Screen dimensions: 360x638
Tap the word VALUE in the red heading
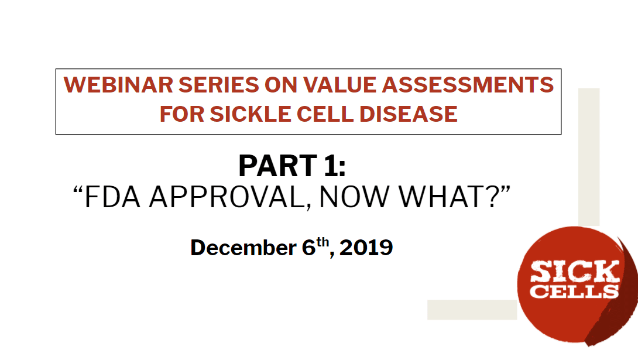(343, 85)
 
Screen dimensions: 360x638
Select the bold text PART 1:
(292, 166)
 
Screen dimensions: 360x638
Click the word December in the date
(243, 248)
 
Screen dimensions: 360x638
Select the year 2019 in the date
(366, 248)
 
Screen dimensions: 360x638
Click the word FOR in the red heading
(180, 114)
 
